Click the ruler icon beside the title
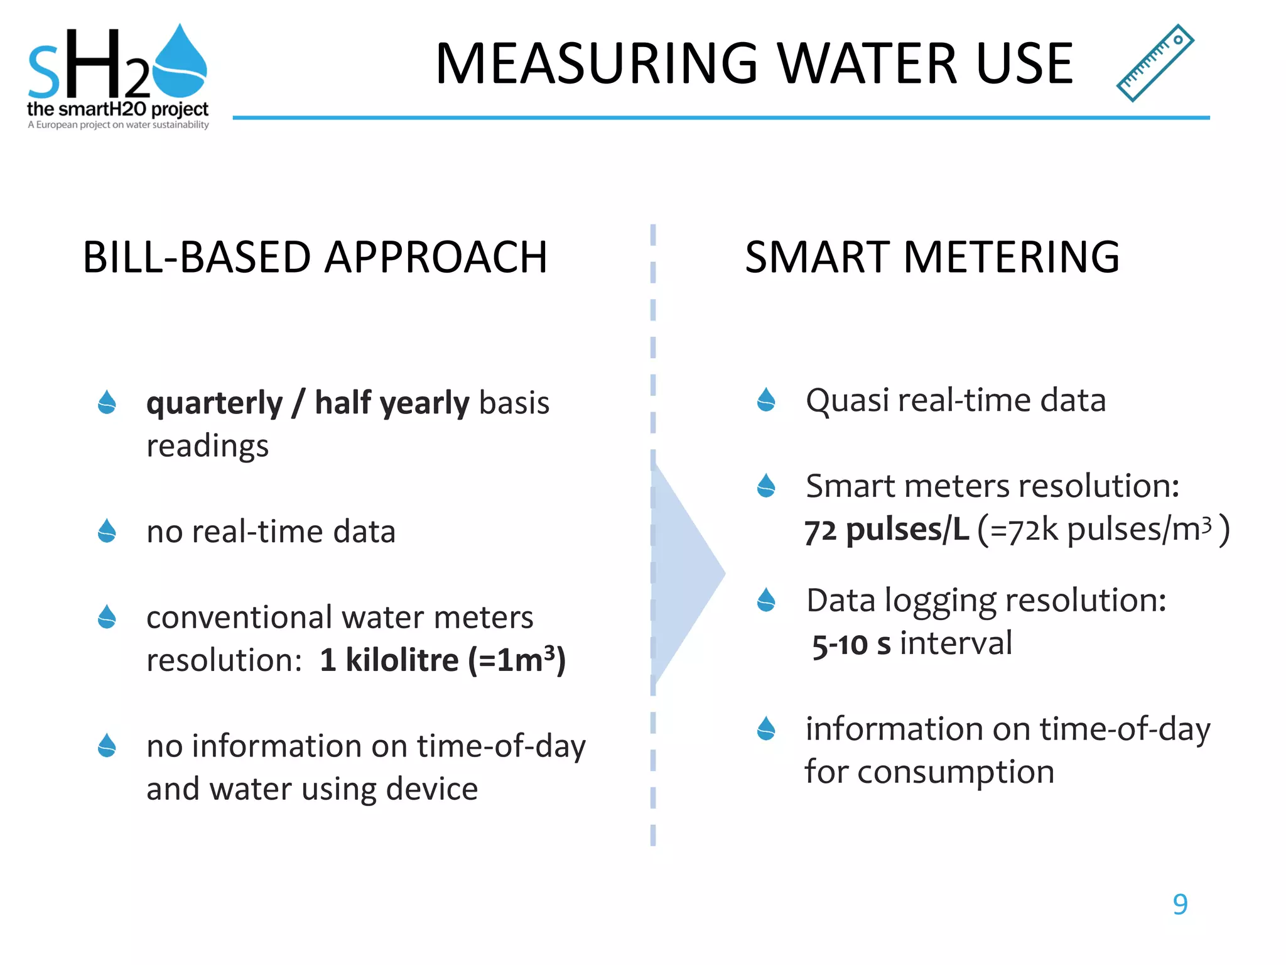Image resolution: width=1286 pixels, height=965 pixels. pos(1155,63)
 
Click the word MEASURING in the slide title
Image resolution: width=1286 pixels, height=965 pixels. pos(597,63)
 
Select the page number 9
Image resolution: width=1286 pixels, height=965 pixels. pos(1180,904)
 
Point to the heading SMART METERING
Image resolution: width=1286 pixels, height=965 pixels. pos(932,257)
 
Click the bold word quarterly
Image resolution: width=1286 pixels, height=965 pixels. pos(214,403)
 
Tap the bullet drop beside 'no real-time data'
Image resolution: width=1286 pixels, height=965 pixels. pos(107,531)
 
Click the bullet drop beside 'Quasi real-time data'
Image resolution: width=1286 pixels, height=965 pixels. pos(766,400)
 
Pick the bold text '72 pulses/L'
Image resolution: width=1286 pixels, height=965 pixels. pos(887,530)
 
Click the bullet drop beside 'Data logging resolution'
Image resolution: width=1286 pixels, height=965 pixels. pos(766,600)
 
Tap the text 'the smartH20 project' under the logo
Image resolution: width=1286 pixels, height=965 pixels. pos(117,109)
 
